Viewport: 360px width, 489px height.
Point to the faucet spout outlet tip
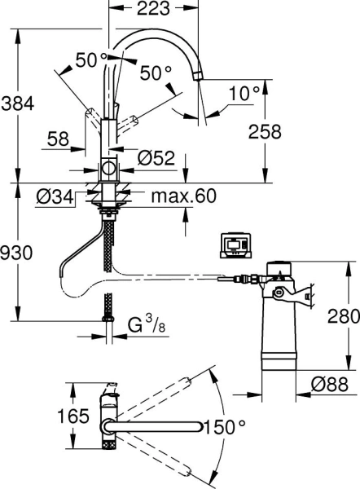click(196, 76)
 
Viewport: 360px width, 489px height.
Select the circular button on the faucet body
click(108, 170)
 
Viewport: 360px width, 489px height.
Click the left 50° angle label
click(91, 60)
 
